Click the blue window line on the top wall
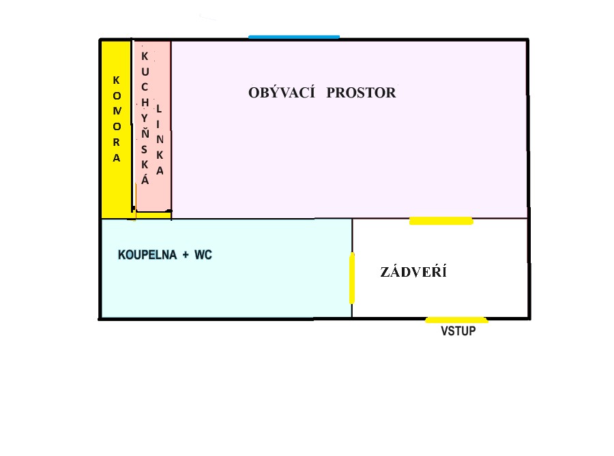click(294, 37)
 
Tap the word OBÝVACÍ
click(282, 92)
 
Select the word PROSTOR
click(361, 93)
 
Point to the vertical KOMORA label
click(117, 119)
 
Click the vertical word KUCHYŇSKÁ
click(145, 118)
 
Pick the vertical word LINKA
click(160, 140)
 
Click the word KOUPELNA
click(147, 255)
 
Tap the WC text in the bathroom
click(203, 255)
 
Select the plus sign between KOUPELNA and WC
click(186, 256)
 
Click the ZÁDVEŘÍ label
click(413, 271)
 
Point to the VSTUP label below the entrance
click(458, 331)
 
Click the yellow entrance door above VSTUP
click(456, 320)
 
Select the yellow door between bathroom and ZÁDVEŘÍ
click(352, 278)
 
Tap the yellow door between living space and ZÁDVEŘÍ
click(441, 221)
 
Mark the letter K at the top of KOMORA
click(116, 80)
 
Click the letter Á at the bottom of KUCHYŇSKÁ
click(145, 179)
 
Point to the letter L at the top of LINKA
click(158, 109)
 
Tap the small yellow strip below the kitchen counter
click(153, 215)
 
